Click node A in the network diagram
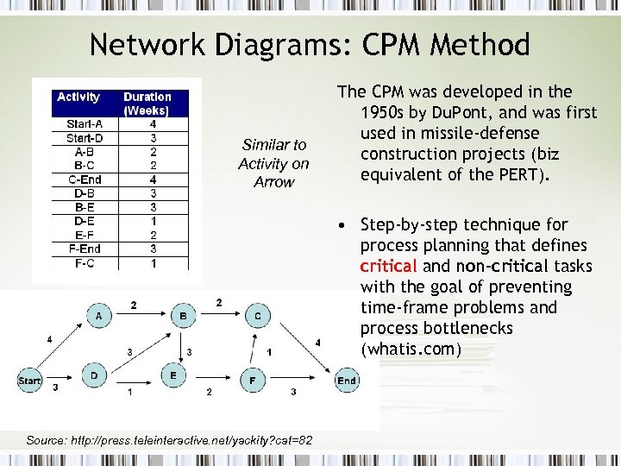tap(100, 317)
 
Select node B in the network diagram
tap(183, 317)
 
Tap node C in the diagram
tap(258, 317)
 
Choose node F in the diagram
tap(252, 380)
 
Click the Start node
tap(30, 380)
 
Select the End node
tap(347, 380)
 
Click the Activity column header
tap(78, 97)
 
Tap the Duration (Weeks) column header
tap(147, 104)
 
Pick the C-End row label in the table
tap(84, 179)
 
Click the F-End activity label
tap(84, 249)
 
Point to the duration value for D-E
tap(153, 221)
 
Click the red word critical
tap(389, 266)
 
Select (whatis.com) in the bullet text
tap(411, 349)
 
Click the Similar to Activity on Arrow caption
tap(273, 163)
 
